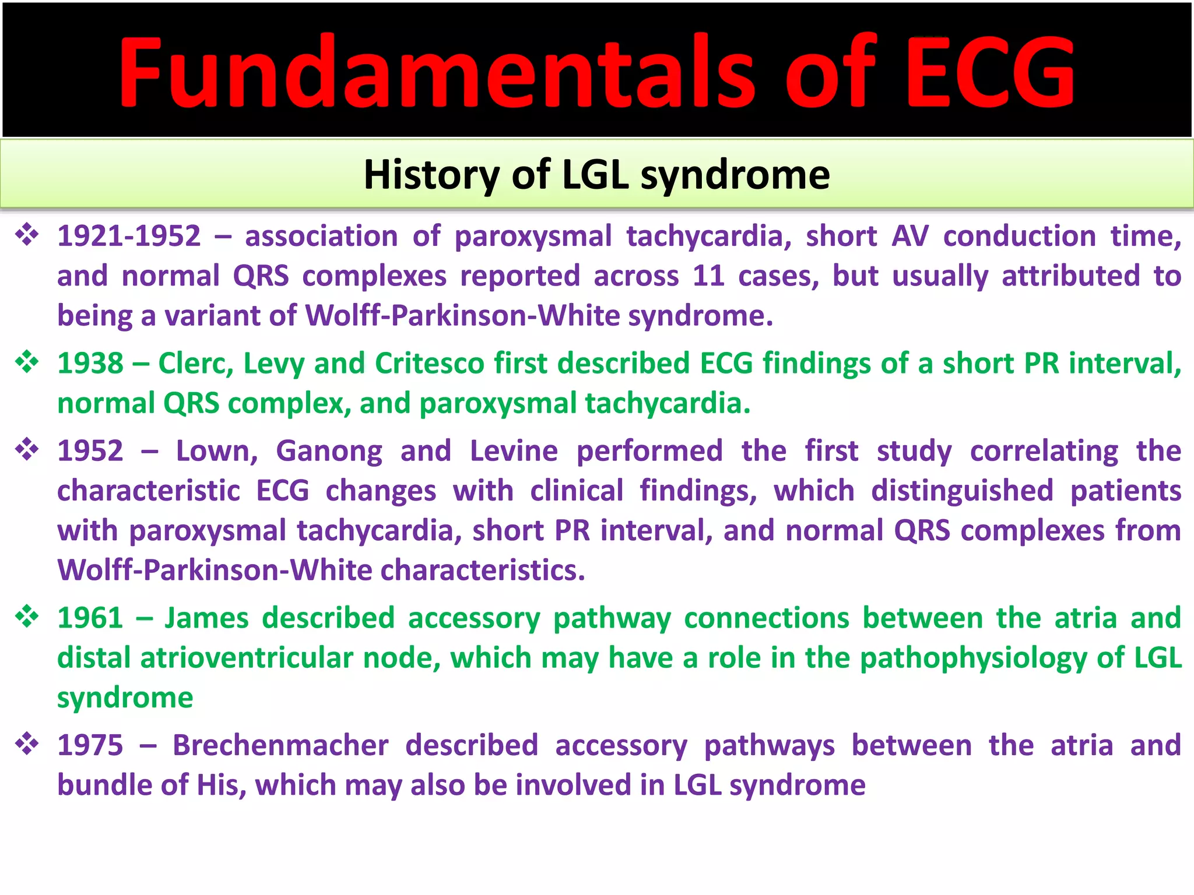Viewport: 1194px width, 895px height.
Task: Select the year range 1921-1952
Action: tap(129, 237)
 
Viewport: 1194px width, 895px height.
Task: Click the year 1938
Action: tap(90, 364)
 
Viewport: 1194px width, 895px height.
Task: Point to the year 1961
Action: tap(90, 618)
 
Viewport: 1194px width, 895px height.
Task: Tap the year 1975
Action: tap(90, 745)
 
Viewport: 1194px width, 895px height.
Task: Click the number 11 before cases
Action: tap(708, 276)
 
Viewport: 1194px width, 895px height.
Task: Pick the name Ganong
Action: tap(329, 451)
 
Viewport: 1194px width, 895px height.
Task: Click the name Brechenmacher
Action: tap(280, 745)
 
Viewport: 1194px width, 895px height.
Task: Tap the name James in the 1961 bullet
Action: tap(206, 618)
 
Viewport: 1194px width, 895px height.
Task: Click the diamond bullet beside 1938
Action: tap(27, 362)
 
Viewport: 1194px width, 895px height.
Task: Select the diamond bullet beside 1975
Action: tap(27, 744)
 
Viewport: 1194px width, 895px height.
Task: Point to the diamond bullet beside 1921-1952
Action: tap(27, 235)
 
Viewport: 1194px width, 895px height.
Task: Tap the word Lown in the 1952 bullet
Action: tap(216, 451)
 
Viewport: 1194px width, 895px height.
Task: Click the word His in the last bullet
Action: tap(218, 785)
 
